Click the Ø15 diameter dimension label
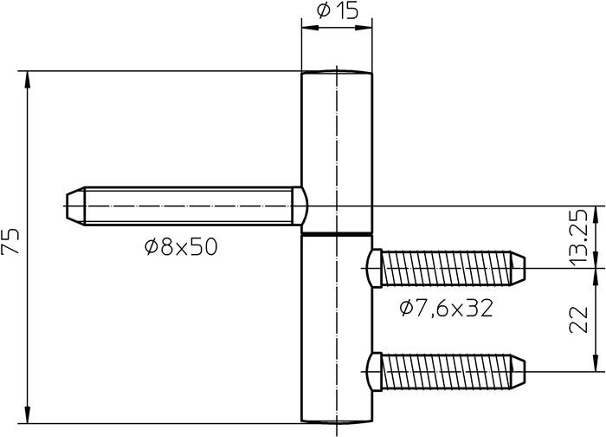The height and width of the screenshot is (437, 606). tap(337, 11)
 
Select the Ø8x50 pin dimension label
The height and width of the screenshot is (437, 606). tap(181, 248)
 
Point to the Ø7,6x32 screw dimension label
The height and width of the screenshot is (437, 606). tap(446, 308)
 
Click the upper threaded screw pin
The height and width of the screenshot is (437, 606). tap(450, 268)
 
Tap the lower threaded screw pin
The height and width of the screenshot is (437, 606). tap(450, 370)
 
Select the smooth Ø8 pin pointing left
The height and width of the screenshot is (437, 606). tap(190, 205)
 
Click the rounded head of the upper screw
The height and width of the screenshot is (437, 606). tap(374, 268)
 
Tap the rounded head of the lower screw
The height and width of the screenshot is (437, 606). tap(374, 370)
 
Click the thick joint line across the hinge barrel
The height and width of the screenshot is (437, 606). tap(337, 232)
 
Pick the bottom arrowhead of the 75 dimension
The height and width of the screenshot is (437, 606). tap(28, 413)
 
